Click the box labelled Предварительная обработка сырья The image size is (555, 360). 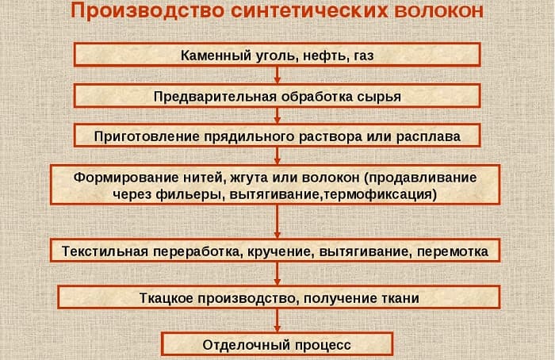(x=277, y=96)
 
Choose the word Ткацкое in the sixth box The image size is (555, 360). (x=167, y=297)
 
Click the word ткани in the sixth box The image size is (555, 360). (x=401, y=297)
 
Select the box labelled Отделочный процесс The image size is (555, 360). (x=277, y=344)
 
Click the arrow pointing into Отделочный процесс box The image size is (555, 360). (x=277, y=321)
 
